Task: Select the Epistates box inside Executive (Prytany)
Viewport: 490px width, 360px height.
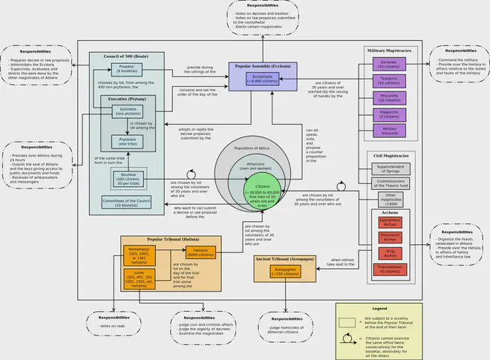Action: click(127, 112)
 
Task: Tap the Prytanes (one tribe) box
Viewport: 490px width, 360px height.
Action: click(127, 141)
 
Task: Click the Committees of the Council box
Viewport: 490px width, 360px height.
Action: click(127, 201)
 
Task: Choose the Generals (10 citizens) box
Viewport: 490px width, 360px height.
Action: click(390, 64)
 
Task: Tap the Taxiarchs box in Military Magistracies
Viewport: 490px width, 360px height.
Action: click(390, 81)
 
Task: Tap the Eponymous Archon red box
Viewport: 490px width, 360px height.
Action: click(390, 222)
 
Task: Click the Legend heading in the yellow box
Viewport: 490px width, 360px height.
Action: click(379, 307)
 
